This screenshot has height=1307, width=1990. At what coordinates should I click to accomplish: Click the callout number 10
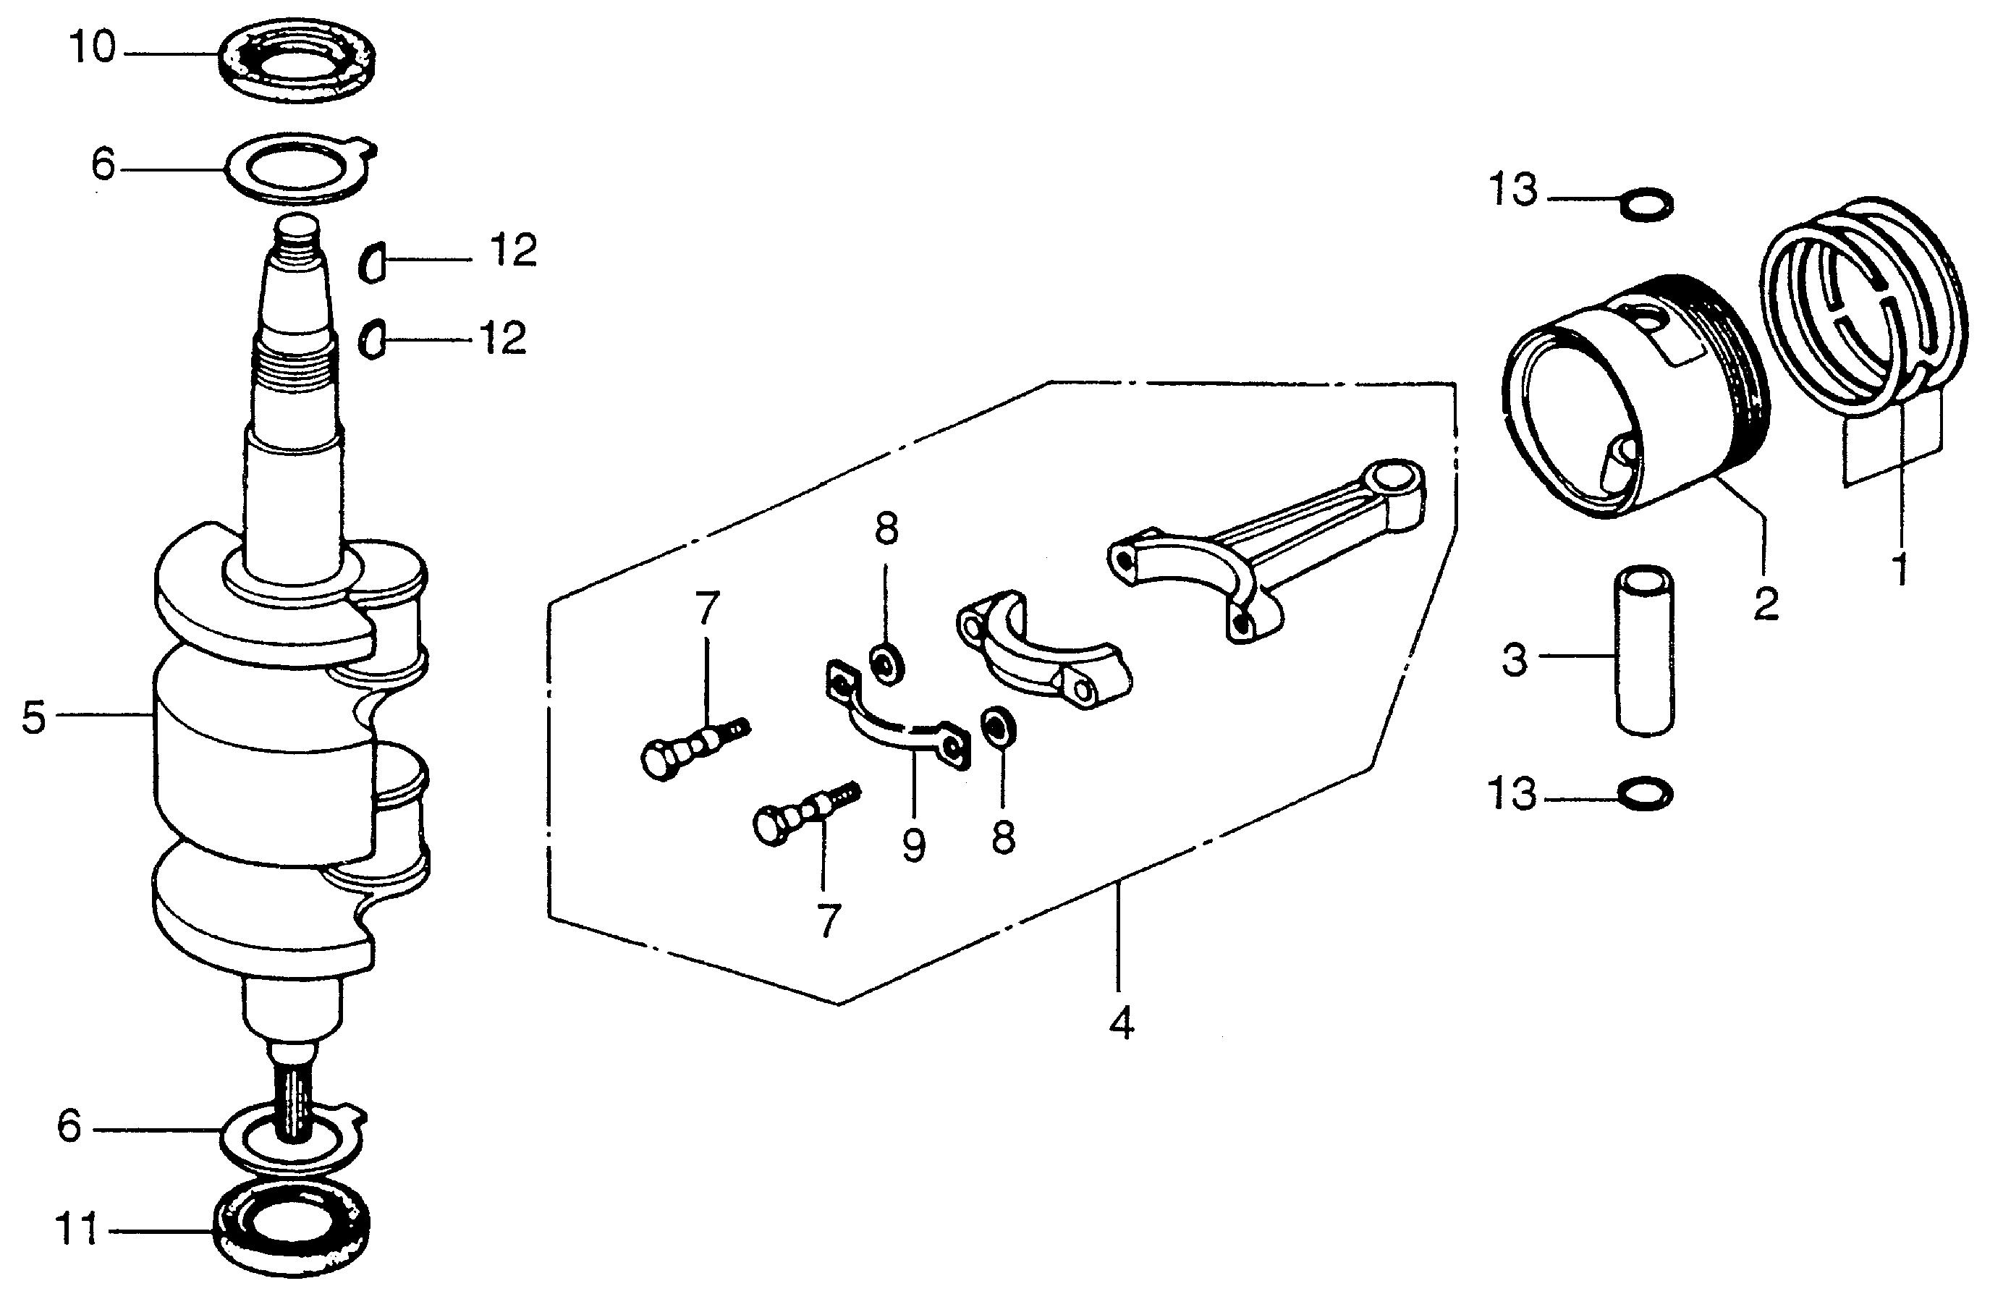click(93, 49)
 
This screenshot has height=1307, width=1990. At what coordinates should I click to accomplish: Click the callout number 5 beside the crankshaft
click(33, 717)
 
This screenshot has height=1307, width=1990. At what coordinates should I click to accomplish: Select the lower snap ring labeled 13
click(1646, 794)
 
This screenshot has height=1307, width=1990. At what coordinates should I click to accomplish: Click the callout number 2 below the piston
click(1765, 602)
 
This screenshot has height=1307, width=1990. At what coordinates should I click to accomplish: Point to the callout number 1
click(1900, 569)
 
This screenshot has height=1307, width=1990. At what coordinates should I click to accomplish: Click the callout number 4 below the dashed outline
click(1122, 1021)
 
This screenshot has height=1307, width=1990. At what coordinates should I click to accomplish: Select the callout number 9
click(913, 845)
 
